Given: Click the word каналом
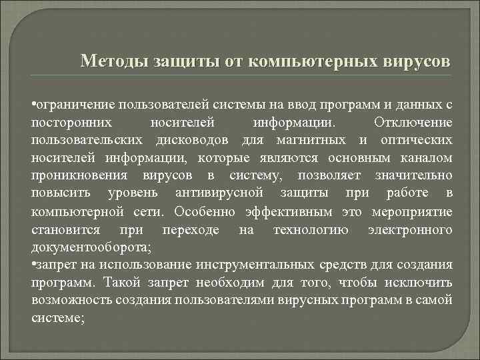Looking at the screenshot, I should coord(427,158).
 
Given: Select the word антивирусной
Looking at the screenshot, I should coord(219,193).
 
